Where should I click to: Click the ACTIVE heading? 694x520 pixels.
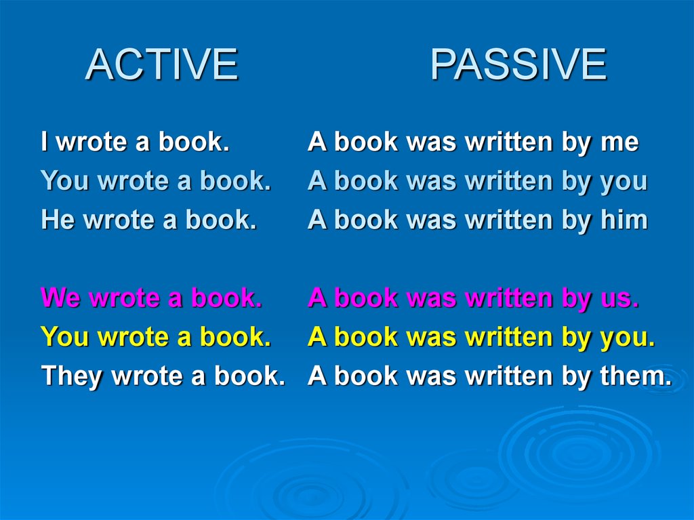(x=161, y=64)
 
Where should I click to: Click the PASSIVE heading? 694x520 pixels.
(x=518, y=64)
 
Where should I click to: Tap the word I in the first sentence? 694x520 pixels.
(x=44, y=141)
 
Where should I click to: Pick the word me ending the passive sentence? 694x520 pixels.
(x=619, y=142)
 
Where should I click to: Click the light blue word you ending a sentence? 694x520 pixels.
(x=624, y=182)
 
